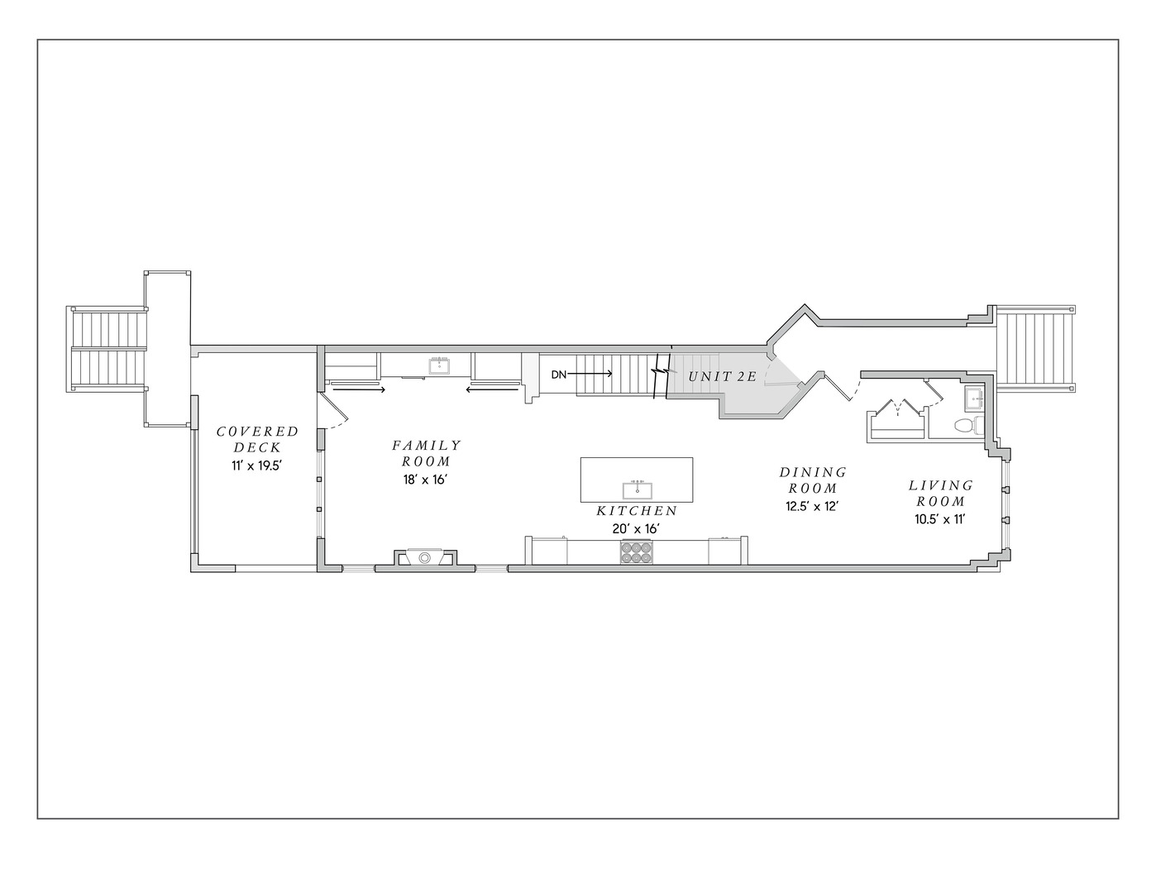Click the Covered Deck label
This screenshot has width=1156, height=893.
257,439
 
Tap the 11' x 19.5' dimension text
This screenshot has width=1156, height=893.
256,466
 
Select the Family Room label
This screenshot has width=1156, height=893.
426,452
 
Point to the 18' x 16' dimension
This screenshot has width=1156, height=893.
424,480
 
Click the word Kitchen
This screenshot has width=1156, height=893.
637,511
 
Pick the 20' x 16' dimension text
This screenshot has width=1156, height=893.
636,528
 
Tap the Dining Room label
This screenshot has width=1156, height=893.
813,480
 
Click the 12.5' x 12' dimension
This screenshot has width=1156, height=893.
812,506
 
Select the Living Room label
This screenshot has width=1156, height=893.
940,493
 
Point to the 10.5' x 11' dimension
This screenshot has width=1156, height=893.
940,519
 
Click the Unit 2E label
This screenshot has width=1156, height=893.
722,376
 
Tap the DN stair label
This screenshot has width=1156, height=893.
559,375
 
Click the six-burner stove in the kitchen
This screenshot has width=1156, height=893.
636,552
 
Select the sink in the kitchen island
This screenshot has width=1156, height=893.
637,489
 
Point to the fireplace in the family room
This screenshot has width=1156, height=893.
424,557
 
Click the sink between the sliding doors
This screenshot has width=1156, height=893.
439,366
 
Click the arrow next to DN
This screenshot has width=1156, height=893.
590,375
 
